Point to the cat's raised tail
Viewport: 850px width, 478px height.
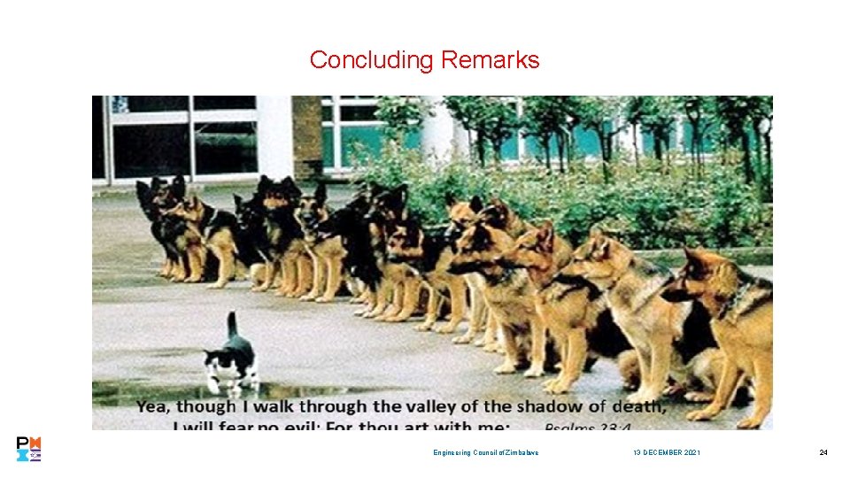tap(232, 325)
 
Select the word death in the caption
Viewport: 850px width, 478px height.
tap(635, 407)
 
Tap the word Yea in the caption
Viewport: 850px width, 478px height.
tap(152, 407)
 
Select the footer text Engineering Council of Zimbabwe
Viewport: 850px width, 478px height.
tap(485, 453)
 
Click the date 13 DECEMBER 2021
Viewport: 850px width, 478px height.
tap(667, 453)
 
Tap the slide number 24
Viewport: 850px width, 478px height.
tap(823, 453)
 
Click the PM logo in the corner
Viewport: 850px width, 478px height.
tap(29, 449)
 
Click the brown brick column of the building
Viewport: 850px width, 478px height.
tap(306, 133)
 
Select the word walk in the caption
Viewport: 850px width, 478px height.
tap(269, 407)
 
